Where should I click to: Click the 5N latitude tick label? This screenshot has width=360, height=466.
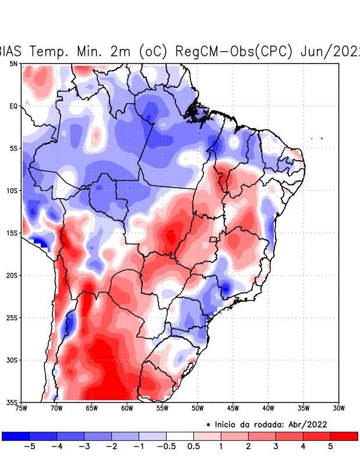13,63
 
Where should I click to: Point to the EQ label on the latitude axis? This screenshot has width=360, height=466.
13,106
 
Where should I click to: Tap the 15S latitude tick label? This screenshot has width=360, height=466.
12,233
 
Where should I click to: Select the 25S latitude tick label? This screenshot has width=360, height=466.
12,317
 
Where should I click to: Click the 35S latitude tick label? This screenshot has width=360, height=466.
12,402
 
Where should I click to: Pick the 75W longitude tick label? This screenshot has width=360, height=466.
22,408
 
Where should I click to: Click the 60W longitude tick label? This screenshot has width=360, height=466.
127,408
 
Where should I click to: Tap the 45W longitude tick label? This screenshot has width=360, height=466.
233,408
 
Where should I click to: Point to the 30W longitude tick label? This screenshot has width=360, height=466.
338,408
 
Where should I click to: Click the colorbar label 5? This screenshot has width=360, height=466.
330,447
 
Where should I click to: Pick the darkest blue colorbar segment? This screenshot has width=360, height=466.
16,436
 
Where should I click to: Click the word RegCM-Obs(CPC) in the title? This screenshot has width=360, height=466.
234,51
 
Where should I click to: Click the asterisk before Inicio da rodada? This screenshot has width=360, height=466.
209,424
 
